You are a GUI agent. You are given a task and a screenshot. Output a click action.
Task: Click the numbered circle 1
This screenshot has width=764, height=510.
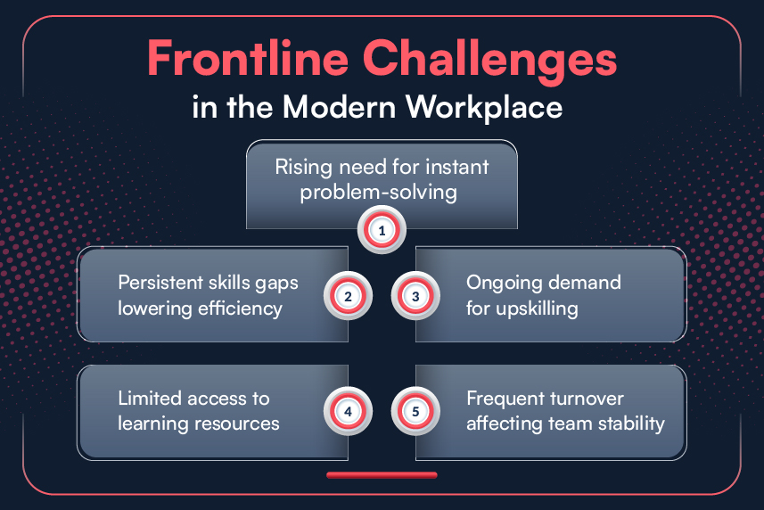382,230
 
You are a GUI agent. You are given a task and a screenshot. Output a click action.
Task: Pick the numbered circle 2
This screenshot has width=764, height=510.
348,296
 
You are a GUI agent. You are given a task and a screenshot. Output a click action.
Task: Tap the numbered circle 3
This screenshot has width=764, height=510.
415,296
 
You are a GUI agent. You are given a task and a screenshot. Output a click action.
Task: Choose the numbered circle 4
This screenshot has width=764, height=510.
348,412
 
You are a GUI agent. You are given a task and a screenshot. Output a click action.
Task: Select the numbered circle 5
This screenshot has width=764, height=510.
415,412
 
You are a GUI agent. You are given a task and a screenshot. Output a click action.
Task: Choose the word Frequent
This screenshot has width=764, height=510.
506,398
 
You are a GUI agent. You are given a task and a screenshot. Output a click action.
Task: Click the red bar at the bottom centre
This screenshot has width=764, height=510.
382,475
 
